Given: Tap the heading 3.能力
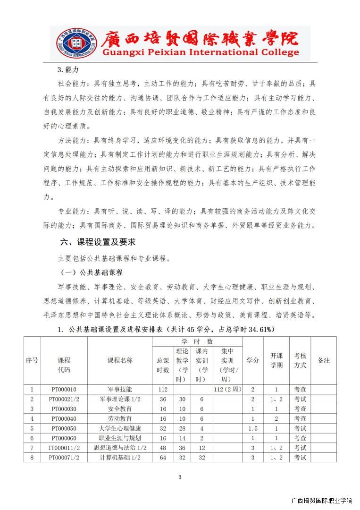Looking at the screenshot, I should (67, 70).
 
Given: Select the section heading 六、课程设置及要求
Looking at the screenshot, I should (98, 242).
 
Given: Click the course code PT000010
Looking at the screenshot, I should (64, 390).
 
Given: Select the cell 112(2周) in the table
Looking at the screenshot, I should (227, 390).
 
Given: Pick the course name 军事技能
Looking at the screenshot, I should (119, 390).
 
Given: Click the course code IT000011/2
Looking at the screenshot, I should (64, 448).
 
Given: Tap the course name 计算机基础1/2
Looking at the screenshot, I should (119, 458).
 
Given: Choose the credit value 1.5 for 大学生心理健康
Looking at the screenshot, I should (252, 428).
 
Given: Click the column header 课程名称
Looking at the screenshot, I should (119, 360).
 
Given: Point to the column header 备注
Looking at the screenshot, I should (324, 360).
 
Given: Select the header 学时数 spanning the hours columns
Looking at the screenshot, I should (197, 341).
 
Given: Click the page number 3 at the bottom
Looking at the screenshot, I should (180, 477).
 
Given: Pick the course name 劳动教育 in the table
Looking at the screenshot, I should (119, 418).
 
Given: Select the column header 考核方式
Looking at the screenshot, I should (300, 360).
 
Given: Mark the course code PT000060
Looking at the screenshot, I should (64, 438).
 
